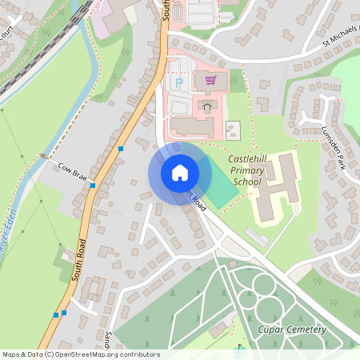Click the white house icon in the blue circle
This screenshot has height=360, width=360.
point(179,172)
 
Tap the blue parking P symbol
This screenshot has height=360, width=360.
point(178,82)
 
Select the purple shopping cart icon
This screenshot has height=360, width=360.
point(211,80)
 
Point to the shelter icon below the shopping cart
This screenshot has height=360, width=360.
point(207,106)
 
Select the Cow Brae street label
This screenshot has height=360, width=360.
point(72,170)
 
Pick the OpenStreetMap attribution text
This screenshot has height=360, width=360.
point(81,354)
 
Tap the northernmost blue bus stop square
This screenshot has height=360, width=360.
point(121,149)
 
